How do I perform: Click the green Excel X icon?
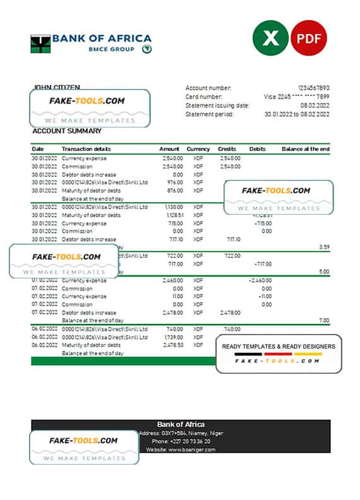pyautogui.click(x=270, y=38)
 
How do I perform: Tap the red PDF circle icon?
pyautogui.click(x=309, y=38)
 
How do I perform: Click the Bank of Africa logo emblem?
pyautogui.click(x=40, y=44)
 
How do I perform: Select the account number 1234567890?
pyautogui.click(x=313, y=88)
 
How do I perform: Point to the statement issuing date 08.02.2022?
pyautogui.click(x=315, y=105)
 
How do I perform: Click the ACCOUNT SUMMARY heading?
pyautogui.click(x=66, y=131)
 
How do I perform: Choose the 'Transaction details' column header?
pyautogui.click(x=85, y=149)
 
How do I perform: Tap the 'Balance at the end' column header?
pyautogui.click(x=306, y=149)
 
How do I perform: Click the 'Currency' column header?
pyautogui.click(x=198, y=149)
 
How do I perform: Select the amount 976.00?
pyautogui.click(x=174, y=182)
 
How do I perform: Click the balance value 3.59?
pyautogui.click(x=324, y=247)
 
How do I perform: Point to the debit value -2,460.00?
pyautogui.click(x=260, y=280)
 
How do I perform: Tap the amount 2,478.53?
pyautogui.click(x=172, y=345)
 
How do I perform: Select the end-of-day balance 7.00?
pyautogui.click(x=324, y=321)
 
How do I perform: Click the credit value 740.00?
pyautogui.click(x=232, y=329)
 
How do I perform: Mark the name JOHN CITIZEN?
pyautogui.click(x=56, y=88)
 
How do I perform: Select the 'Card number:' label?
pyautogui.click(x=203, y=97)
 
